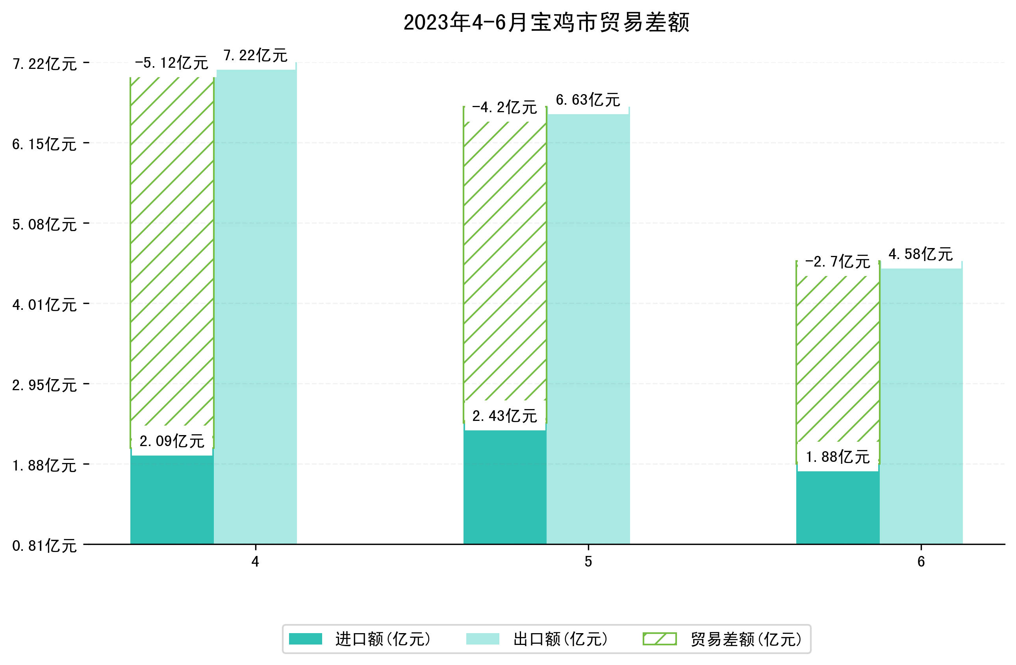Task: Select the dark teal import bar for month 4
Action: (172, 499)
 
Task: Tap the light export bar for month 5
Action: (588, 329)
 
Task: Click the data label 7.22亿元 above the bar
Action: (255, 56)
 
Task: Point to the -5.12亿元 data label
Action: (172, 63)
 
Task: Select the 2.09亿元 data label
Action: (172, 441)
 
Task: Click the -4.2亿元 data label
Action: (504, 107)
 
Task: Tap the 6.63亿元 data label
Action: (588, 100)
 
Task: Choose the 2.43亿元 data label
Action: (504, 416)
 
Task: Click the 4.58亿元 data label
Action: (920, 254)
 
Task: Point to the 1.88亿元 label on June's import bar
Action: (838, 457)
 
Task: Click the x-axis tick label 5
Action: (588, 562)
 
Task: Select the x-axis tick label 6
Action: (921, 562)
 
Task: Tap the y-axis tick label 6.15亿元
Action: (44, 144)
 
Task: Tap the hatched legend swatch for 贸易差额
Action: (660, 639)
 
